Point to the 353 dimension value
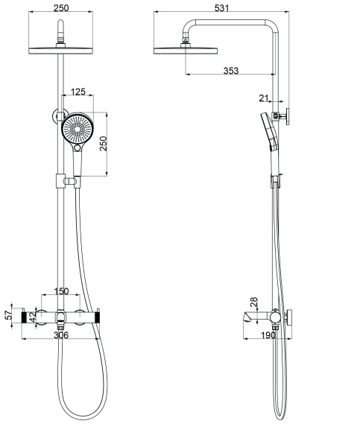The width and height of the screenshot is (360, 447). pyautogui.click(x=231, y=70)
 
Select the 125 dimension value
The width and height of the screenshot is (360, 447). pyautogui.click(x=78, y=92)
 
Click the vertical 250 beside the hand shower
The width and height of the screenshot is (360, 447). pyautogui.click(x=104, y=145)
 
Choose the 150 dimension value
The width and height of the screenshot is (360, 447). pyautogui.click(x=61, y=291)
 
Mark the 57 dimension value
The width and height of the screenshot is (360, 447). pyautogui.click(x=9, y=314)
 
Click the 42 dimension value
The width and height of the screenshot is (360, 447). pyautogui.click(x=32, y=316)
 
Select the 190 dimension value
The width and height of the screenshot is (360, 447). pyautogui.click(x=268, y=336)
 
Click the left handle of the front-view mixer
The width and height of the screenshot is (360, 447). pyautogui.click(x=34, y=318)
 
